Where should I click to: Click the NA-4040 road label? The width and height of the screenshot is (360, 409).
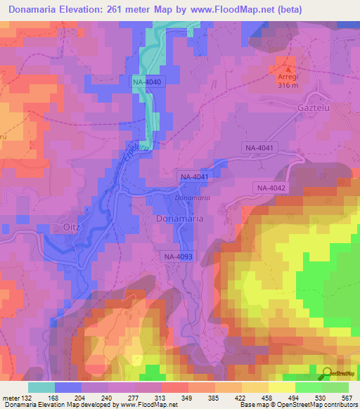(147, 83)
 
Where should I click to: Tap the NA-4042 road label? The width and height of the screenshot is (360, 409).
(271, 188)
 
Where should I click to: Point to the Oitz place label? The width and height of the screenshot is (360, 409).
(72, 226)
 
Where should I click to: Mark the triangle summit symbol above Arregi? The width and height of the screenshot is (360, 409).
(286, 67)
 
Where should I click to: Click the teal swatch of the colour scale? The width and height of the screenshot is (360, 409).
(41, 387)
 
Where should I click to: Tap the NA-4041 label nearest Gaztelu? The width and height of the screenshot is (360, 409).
(260, 148)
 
